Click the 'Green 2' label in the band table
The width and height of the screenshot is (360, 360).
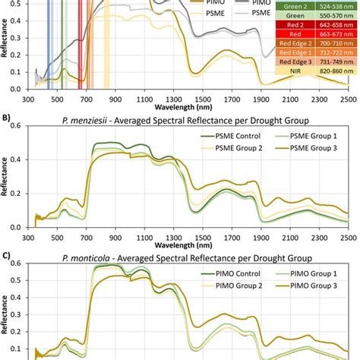coord(296,7)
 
